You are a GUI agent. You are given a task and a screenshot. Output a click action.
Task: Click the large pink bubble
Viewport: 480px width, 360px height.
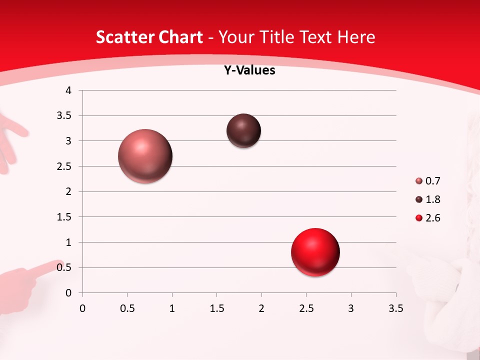[145, 156]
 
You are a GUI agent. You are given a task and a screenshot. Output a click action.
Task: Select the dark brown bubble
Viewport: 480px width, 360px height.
[243, 131]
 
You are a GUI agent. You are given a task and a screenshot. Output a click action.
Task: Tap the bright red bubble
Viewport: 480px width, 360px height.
[315, 252]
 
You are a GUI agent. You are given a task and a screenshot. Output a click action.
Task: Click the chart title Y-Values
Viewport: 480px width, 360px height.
[249, 70]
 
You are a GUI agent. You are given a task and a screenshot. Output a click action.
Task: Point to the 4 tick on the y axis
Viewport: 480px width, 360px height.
[68, 90]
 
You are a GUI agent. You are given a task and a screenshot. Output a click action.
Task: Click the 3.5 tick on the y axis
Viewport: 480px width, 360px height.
[65, 116]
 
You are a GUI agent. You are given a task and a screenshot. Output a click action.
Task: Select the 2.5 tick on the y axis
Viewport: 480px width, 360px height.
[65, 166]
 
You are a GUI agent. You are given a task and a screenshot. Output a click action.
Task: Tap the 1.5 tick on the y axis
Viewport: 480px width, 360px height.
[65, 217]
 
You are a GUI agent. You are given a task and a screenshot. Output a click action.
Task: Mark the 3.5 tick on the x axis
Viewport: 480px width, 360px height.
[395, 308]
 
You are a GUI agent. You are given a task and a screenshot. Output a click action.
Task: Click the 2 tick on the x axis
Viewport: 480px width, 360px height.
[261, 308]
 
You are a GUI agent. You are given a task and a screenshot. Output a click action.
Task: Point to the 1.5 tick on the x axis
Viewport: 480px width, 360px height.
[216, 308]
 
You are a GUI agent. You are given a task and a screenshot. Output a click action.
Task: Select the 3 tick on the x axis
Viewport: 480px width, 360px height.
[351, 308]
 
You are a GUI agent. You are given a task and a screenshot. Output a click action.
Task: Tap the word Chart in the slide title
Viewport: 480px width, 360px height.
[180, 37]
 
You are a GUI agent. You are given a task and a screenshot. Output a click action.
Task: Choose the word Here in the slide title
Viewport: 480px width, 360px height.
[356, 37]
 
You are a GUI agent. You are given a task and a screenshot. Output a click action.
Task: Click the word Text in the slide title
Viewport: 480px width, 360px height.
[315, 37]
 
